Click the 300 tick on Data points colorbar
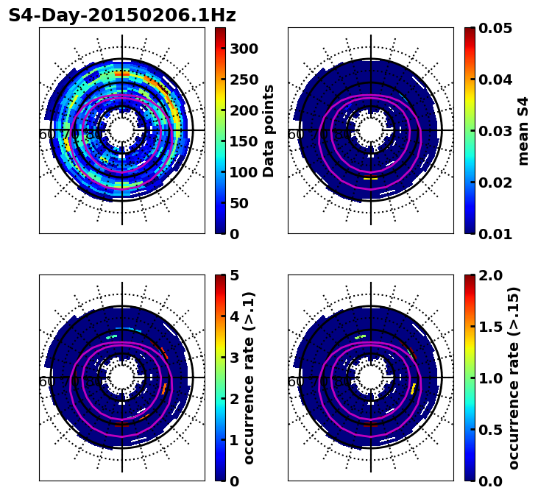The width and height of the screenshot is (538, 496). point(244,49)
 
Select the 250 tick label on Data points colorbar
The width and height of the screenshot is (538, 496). point(244,79)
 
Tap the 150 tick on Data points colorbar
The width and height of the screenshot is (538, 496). point(244,110)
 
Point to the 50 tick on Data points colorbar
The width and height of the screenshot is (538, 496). point(244,203)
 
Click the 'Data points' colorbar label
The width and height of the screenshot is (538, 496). point(269,131)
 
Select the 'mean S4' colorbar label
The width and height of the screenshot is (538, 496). point(523,131)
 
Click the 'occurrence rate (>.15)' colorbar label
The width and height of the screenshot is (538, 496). point(514,378)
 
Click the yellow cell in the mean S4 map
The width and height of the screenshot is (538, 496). point(370,178)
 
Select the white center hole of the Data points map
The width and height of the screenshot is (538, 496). point(122,130)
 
